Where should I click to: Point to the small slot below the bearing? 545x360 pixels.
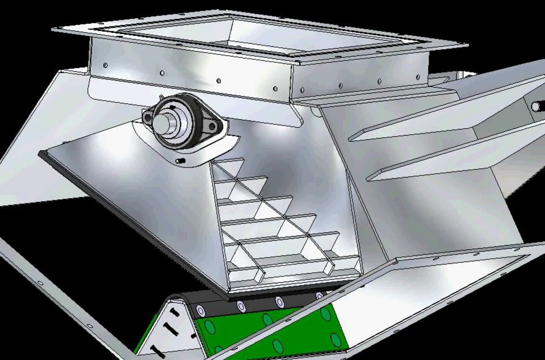coord(181,162)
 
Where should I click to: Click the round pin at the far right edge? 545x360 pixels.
coord(535,106)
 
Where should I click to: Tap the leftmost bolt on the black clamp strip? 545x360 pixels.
coord(200,310)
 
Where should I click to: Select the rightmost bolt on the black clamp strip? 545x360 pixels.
coord(319,296)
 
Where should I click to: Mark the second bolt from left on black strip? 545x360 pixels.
coord(241,307)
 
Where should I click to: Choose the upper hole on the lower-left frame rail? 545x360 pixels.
coord(40,283)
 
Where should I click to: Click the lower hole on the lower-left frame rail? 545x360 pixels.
coord(90,324)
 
